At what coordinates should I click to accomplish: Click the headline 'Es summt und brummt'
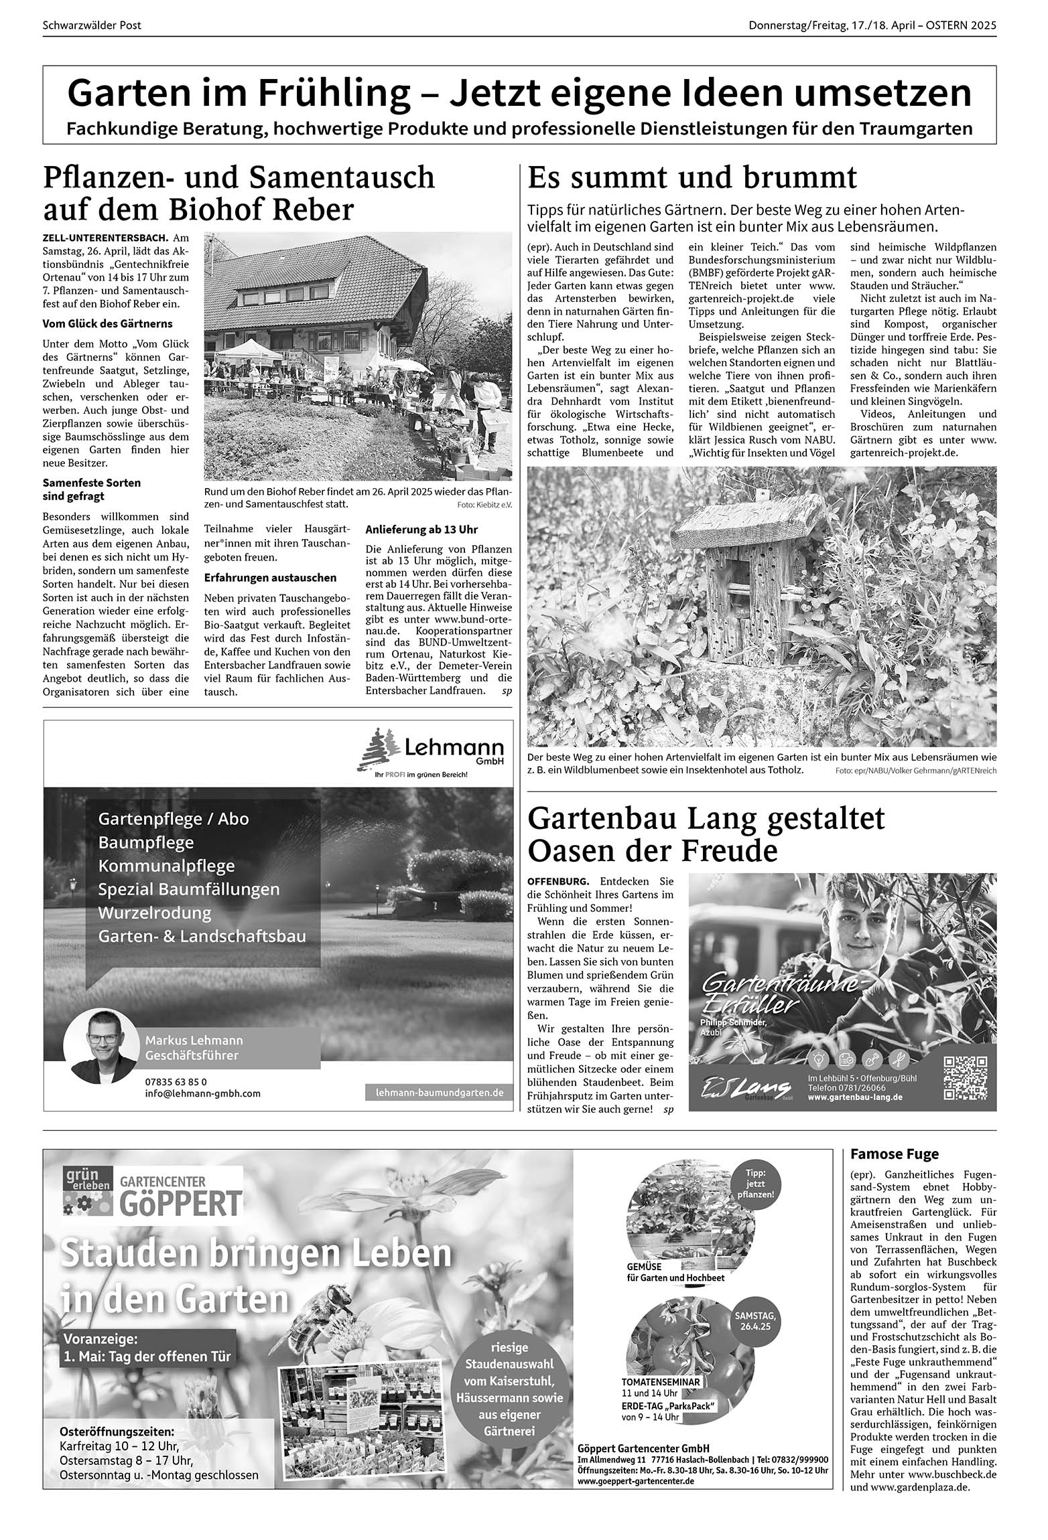click(x=692, y=178)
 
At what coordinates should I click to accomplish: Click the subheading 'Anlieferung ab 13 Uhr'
click(x=421, y=529)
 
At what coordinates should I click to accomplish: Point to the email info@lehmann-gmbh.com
click(x=202, y=1093)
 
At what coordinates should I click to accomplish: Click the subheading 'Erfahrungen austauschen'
click(x=270, y=577)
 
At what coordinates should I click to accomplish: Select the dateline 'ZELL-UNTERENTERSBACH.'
click(x=106, y=238)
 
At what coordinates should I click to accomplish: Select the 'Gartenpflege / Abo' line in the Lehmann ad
click(x=173, y=818)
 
